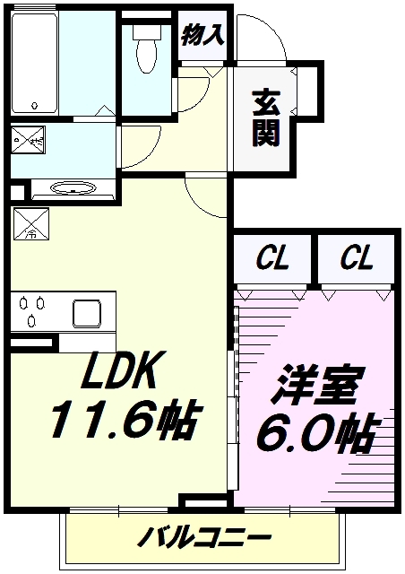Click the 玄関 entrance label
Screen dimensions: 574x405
[265, 120]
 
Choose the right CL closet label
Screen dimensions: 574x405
[356, 261]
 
